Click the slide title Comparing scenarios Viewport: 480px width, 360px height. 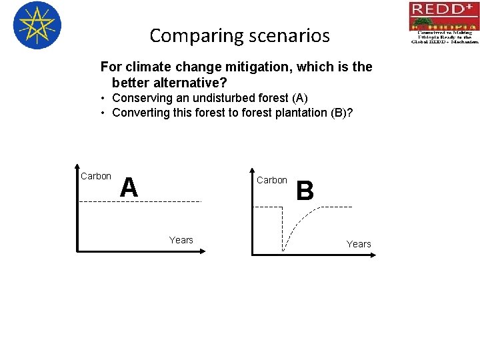tap(239, 35)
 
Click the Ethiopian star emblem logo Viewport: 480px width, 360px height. tap(37, 25)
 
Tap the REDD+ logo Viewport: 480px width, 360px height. tap(443, 22)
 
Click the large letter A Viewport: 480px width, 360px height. tap(129, 187)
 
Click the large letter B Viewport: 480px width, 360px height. tap(305, 191)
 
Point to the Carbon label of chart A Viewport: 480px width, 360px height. tap(95, 176)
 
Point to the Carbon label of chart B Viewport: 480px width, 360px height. tap(272, 180)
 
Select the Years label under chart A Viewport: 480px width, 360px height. tap(181, 240)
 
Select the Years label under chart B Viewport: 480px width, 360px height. tap(358, 244)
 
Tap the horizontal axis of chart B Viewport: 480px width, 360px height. tap(313, 254)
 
